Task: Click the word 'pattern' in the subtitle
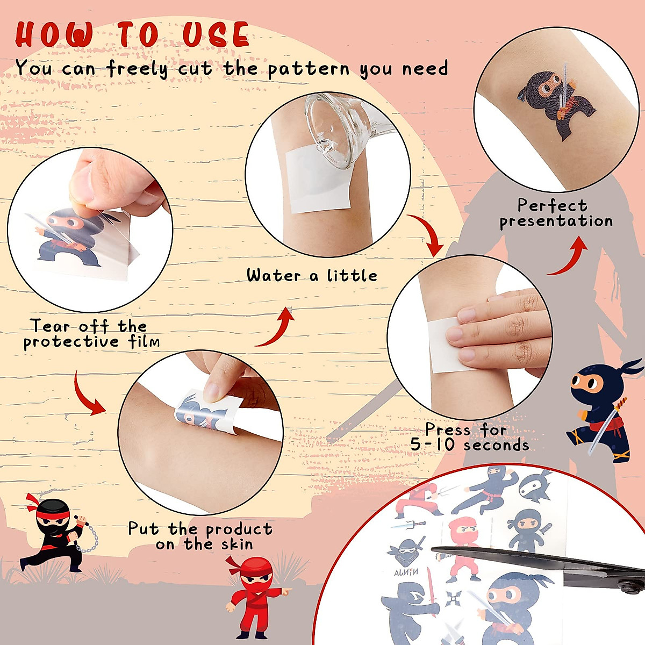pos(309,69)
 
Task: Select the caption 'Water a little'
pos(312,276)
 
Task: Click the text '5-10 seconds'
pos(470,445)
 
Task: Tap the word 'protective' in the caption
pos(71,342)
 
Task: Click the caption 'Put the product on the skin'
pos(200,536)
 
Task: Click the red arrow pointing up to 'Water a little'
pos(277,327)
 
